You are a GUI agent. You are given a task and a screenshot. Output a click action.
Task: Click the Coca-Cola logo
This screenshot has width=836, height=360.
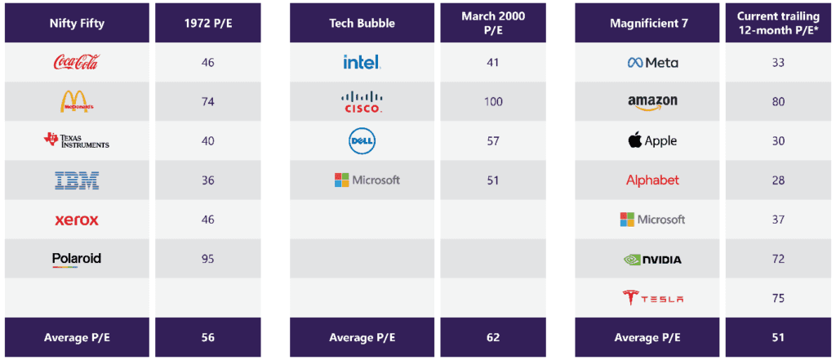point(76,62)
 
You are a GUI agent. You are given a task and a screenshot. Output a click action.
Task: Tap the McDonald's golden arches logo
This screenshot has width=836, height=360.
point(76,101)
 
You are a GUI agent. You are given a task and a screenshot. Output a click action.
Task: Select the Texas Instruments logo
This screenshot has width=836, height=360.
point(76,140)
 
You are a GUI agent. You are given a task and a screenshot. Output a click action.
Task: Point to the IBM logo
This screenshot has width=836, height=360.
point(76,180)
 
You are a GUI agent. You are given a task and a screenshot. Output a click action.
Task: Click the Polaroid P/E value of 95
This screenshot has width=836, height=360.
point(207,259)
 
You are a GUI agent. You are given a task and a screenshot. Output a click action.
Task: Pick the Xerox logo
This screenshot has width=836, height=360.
point(76,220)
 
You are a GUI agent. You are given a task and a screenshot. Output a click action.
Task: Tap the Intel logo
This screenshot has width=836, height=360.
point(362,62)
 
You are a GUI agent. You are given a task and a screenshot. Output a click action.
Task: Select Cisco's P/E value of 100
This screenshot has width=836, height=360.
point(492,101)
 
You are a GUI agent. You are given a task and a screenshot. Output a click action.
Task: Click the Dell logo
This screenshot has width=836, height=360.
point(362,140)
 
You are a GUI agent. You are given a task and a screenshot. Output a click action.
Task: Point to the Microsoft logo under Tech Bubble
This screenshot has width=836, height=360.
point(367,180)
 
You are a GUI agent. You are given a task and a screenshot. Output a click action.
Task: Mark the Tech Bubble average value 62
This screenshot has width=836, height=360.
point(492,337)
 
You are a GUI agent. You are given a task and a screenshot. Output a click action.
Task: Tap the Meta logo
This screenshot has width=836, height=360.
point(652,62)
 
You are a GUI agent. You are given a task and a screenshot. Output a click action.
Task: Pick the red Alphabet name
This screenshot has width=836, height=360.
point(652,180)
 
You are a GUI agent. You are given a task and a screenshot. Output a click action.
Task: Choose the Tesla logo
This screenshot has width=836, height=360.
point(652,298)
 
